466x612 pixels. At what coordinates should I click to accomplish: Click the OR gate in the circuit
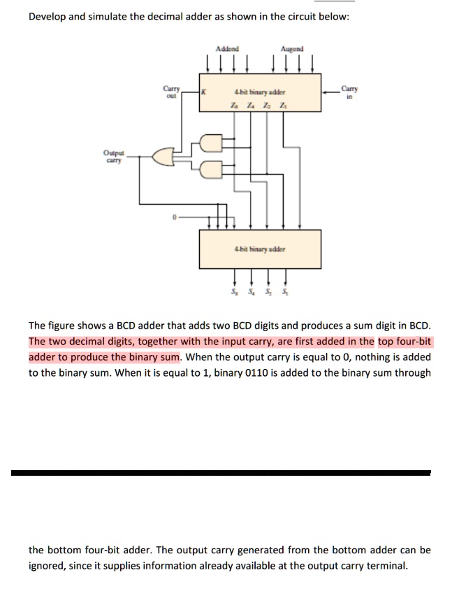coord(163,157)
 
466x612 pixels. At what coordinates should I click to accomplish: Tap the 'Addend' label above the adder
coord(227,50)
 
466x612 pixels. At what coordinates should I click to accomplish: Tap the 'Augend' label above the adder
coord(292,50)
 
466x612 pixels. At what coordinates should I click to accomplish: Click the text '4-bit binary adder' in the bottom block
coord(261,248)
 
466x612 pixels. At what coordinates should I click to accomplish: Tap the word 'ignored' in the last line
coord(48,565)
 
